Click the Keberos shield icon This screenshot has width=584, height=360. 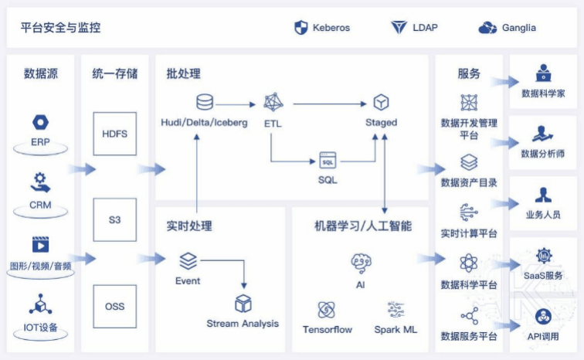click(x=301, y=28)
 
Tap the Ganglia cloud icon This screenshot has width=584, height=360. click(x=487, y=28)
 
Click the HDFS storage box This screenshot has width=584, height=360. click(x=114, y=134)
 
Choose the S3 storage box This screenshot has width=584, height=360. click(x=114, y=220)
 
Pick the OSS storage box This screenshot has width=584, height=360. click(x=114, y=307)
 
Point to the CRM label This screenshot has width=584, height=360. click(x=40, y=205)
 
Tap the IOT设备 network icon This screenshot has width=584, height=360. click(x=40, y=304)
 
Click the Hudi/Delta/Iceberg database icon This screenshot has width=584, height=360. click(x=205, y=102)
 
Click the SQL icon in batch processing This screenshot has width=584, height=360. click(x=328, y=161)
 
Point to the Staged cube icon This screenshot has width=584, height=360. click(x=381, y=102)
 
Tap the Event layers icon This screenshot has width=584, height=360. click(x=188, y=261)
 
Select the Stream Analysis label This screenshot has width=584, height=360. click(x=243, y=323)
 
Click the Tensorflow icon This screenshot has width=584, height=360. click(x=327, y=310)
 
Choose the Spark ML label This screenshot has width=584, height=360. click(x=396, y=329)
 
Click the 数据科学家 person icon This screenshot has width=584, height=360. click(x=543, y=74)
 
